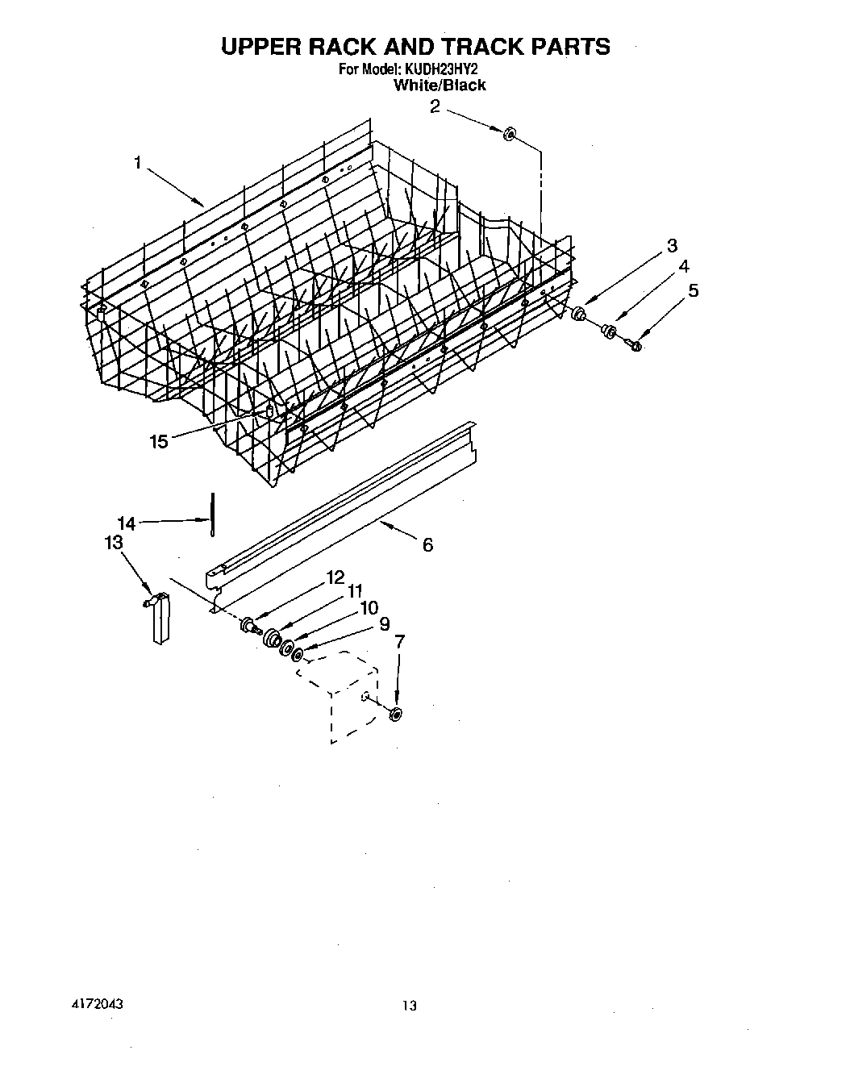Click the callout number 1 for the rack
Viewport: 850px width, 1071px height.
click(x=138, y=163)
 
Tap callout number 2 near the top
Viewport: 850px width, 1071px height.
click(x=435, y=106)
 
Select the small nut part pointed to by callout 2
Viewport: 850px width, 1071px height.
click(x=509, y=134)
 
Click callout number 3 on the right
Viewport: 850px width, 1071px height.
click(x=672, y=246)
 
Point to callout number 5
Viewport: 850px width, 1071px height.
click(x=693, y=290)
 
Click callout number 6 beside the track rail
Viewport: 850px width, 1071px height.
click(x=427, y=545)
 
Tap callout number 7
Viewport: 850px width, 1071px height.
click(x=398, y=641)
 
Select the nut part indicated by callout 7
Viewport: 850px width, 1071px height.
click(x=395, y=713)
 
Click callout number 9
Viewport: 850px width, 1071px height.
click(x=383, y=623)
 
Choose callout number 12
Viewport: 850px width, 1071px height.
click(x=335, y=577)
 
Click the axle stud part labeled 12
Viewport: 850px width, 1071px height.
click(x=249, y=624)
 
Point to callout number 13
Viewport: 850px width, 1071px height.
click(x=114, y=543)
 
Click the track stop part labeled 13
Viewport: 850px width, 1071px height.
click(x=161, y=618)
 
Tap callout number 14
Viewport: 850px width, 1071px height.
click(x=127, y=523)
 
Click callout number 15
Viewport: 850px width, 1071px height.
click(x=159, y=442)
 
